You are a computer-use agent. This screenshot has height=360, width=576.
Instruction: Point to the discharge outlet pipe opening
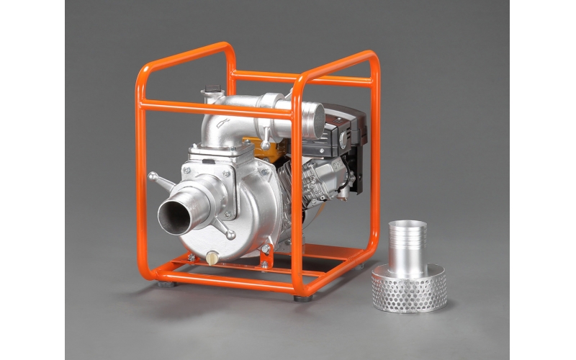click(x=312, y=115)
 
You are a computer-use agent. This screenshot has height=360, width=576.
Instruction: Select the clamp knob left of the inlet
click(x=153, y=176)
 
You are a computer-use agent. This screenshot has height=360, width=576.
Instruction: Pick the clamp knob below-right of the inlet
click(x=230, y=235)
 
